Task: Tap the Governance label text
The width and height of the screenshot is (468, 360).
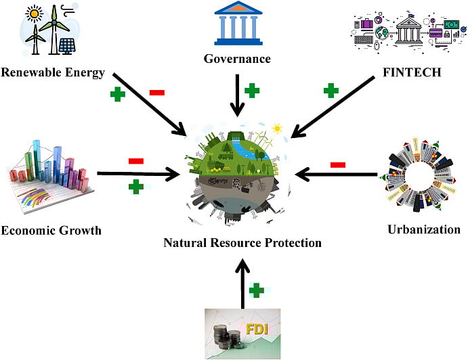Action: pos(237,59)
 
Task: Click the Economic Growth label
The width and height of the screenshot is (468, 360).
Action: pos(51,230)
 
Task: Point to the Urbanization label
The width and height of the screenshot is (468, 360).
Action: pos(423,229)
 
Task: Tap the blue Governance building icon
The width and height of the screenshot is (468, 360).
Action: pos(238,24)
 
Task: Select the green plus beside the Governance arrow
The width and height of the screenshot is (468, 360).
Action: pos(253,90)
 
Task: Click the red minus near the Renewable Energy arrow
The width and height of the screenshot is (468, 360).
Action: pos(156,91)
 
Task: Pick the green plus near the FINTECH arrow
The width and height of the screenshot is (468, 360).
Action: pos(331,90)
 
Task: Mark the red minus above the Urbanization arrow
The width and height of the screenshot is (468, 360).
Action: pos(338,164)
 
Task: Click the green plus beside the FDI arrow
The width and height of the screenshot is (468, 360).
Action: pos(256,290)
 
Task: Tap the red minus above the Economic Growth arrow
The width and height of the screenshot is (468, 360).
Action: pos(135,160)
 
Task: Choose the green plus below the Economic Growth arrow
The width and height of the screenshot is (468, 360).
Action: pos(136,187)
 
